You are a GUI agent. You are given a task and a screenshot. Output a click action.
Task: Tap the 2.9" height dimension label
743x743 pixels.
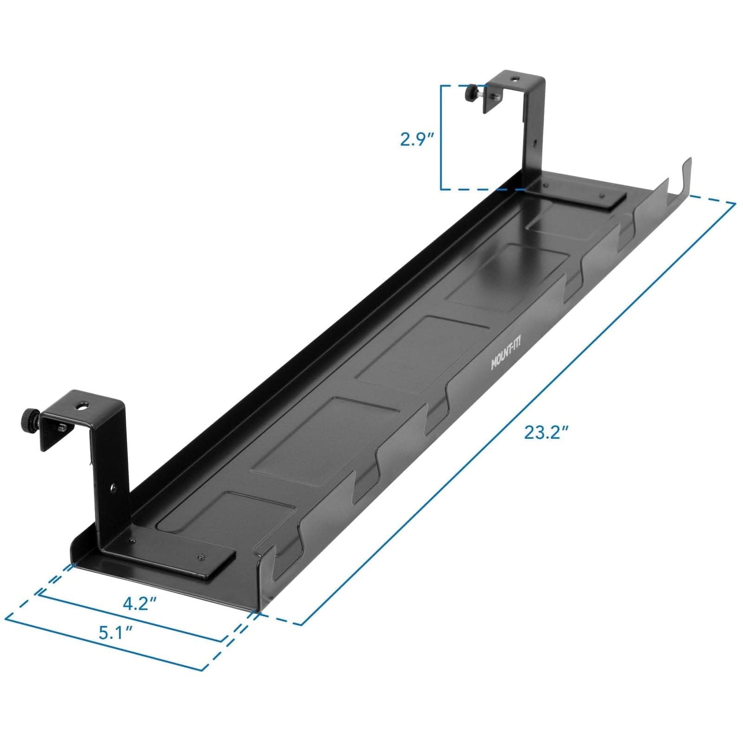pos(417,139)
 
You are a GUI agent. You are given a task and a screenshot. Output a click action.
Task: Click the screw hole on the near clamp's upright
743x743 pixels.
pos(113,487)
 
